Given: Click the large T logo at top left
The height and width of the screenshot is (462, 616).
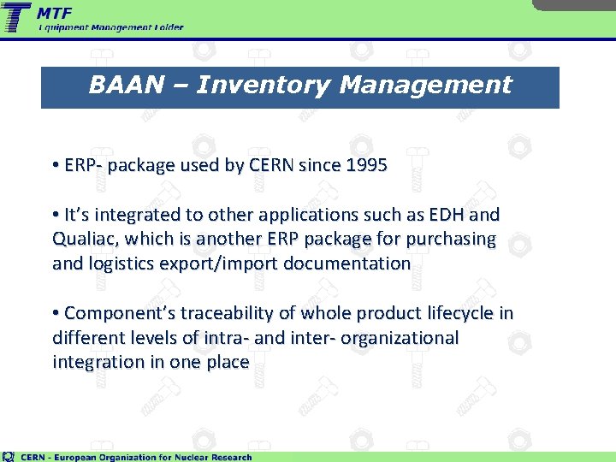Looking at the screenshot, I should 17,17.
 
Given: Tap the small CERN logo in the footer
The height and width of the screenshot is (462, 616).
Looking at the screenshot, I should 9,456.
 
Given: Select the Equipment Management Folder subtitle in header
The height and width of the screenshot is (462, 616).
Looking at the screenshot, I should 111,27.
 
